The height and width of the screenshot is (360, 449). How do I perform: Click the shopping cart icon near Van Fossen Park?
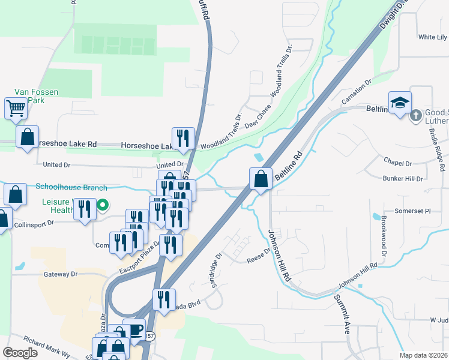[x=16, y=109]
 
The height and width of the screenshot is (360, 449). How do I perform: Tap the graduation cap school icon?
[x=400, y=102]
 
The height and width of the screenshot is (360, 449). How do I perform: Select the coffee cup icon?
[x=134, y=329]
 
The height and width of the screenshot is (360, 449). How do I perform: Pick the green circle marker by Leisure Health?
[x=103, y=205]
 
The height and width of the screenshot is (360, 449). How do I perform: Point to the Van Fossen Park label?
[x=36, y=96]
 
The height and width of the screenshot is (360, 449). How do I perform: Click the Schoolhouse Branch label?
[x=71, y=187]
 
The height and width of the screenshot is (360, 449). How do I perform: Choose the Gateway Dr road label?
[x=61, y=274]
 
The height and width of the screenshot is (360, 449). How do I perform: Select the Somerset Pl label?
[x=412, y=211]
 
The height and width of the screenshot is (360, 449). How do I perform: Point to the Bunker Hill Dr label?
[x=403, y=178]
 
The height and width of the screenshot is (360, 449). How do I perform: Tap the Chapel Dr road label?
[x=400, y=163]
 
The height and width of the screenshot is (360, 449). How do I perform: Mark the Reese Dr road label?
[x=259, y=256]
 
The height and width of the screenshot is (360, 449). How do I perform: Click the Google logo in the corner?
[x=20, y=352]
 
